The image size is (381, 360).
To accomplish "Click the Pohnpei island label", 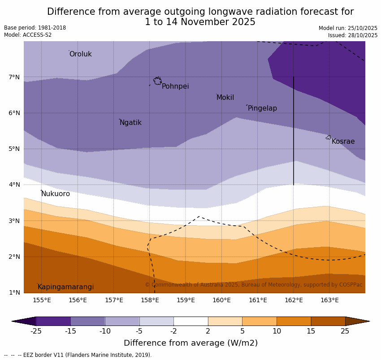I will click(175, 86).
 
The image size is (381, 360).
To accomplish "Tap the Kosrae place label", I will click(343, 141).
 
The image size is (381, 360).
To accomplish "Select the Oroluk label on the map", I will click(80, 54).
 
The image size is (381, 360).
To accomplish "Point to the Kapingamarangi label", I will click(65, 287).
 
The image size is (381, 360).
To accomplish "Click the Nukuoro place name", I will click(55, 194).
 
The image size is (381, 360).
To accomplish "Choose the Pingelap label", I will click(262, 108).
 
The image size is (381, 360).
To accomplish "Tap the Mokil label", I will click(225, 98).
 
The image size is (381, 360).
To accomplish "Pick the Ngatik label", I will click(130, 123).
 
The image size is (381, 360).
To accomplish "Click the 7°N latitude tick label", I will click(14, 77).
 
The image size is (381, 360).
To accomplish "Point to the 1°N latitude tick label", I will click(14, 293).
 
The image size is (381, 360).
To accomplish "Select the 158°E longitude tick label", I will click(150, 300).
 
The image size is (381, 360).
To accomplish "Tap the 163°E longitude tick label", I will click(329, 300).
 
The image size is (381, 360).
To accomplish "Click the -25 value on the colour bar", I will click(36, 331).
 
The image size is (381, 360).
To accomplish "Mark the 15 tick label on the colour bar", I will click(311, 331).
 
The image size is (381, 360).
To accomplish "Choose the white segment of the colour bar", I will click(190, 321).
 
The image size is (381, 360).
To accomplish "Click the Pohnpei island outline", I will click(157, 81).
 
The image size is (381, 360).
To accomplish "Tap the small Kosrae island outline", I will click(328, 137).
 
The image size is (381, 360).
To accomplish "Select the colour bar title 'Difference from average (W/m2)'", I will click(190, 343).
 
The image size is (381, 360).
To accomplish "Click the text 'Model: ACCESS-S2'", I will click(28, 35).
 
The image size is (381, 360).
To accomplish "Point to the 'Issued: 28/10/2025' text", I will click(352, 35).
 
